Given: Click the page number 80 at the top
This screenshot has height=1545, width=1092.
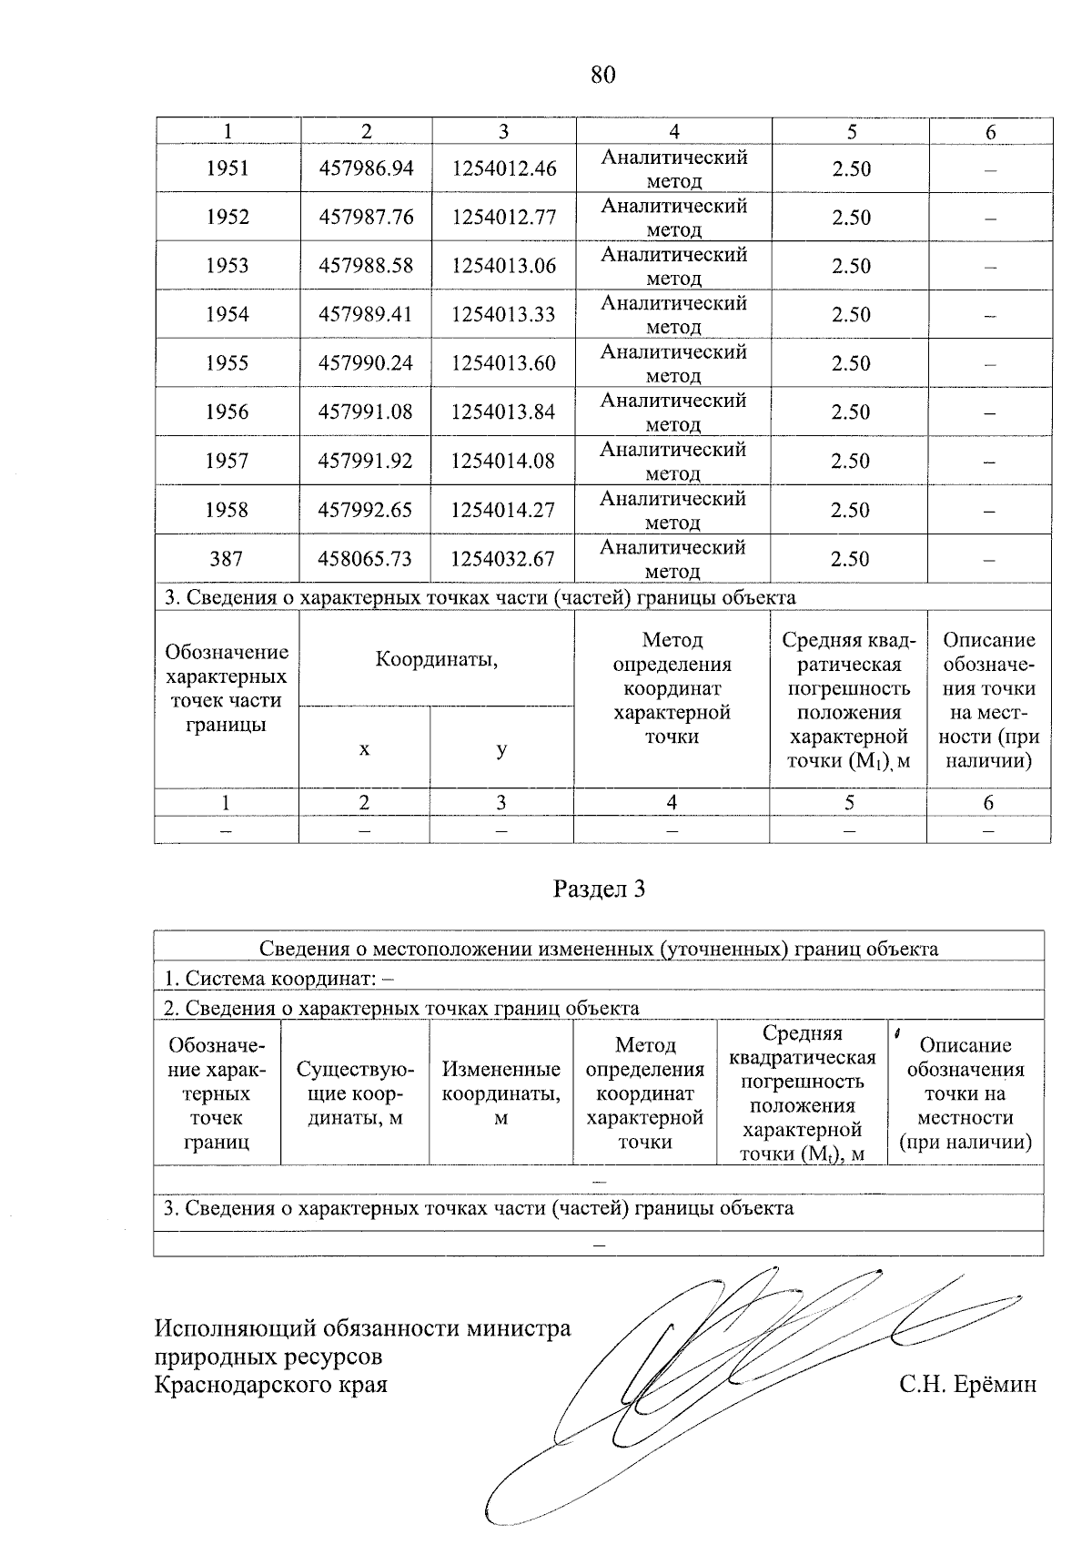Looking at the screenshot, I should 602,75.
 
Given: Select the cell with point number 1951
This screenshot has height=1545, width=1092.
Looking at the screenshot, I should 227,168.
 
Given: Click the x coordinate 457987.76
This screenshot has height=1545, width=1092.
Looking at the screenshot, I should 366,218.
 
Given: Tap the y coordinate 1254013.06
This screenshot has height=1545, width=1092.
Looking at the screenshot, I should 503,266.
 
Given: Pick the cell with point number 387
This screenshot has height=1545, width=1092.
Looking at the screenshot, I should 227,559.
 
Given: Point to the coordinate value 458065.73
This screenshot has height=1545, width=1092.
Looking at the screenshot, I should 366,559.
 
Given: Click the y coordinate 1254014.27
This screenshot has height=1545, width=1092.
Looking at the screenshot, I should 503,510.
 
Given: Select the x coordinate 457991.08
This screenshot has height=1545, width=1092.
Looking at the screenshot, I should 366,412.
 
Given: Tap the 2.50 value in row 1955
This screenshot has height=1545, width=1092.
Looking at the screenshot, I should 851,363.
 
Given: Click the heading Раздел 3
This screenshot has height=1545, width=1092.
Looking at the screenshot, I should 599,889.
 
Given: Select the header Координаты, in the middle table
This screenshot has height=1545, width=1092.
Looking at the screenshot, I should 437,659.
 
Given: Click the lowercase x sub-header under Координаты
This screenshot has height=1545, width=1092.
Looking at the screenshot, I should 364,749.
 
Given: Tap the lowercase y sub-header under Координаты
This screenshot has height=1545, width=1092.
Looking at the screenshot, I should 501,749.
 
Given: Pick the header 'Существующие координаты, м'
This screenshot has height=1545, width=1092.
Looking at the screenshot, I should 355,1093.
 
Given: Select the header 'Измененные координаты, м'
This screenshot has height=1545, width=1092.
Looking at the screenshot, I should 500,1093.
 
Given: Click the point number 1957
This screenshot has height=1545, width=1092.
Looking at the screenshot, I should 227,462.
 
